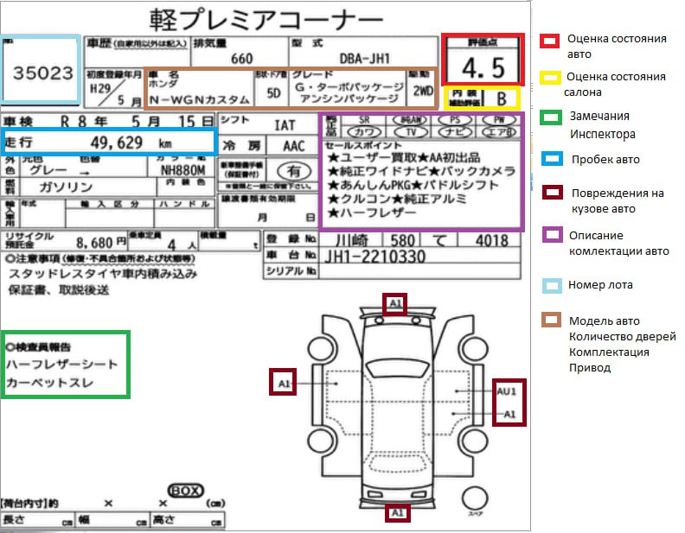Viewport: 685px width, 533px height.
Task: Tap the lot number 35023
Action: [42, 73]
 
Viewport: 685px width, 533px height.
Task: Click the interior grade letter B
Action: [500, 98]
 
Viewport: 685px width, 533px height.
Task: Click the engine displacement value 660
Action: [242, 59]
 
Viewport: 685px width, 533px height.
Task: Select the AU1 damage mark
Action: [509, 391]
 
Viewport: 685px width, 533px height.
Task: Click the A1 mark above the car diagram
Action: [395, 304]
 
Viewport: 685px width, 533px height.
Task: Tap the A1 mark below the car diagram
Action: [397, 513]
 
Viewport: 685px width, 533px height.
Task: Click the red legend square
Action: [548, 40]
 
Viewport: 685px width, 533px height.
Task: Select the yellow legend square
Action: [548, 77]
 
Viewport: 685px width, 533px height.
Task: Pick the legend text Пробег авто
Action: [605, 159]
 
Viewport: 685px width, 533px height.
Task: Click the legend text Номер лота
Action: [600, 284]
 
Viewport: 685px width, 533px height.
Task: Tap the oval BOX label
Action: [185, 490]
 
